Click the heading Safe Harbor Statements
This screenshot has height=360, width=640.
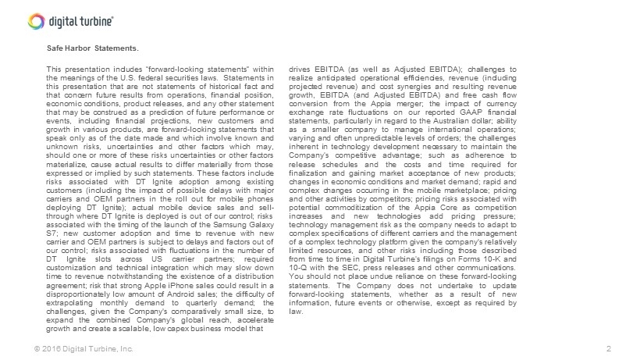(x=92, y=48)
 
